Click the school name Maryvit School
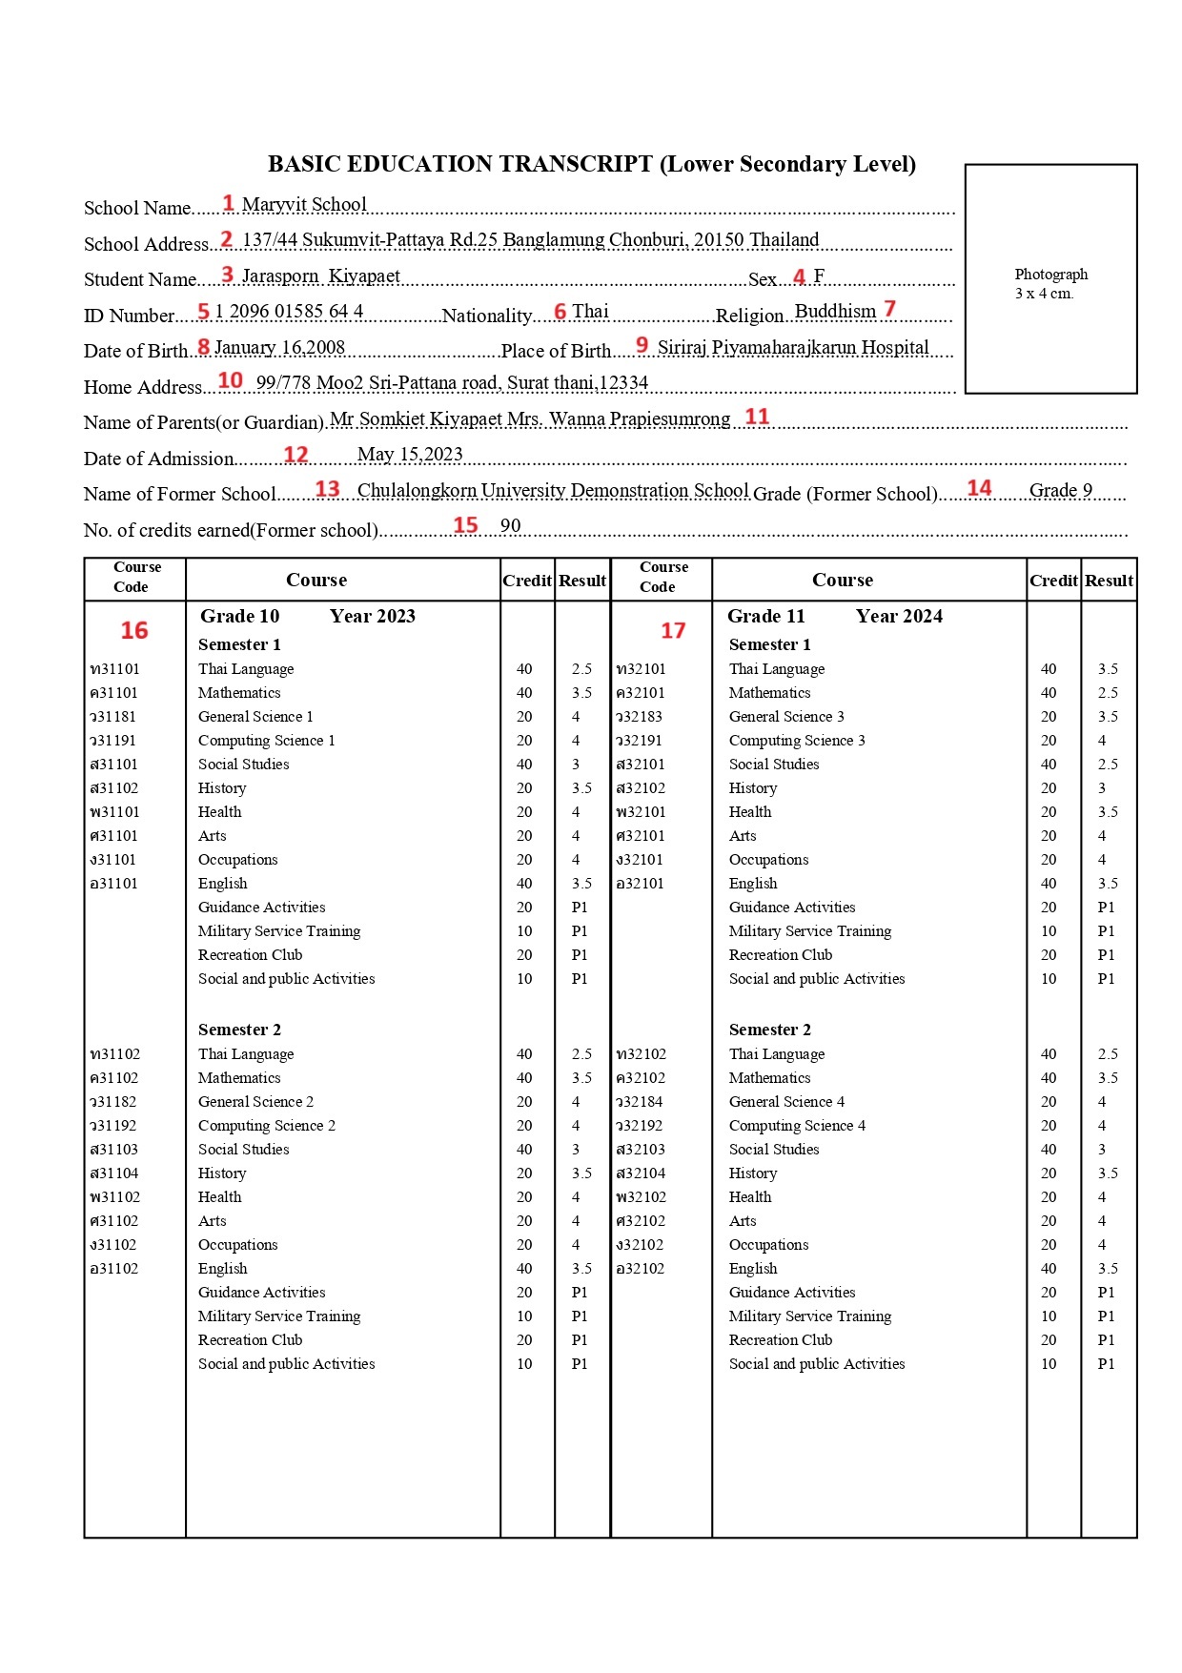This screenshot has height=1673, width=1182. coord(303,205)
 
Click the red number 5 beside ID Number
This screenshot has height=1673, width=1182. coord(203,312)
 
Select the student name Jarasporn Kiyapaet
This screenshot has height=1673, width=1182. coord(320,276)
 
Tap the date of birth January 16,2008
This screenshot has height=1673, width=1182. coord(279,348)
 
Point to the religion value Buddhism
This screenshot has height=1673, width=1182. coord(835,312)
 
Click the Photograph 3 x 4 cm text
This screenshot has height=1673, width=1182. coord(1050,283)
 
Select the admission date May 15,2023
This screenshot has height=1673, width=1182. coord(410,455)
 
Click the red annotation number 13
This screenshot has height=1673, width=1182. coord(327,489)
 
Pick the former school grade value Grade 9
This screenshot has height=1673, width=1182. coord(1060,491)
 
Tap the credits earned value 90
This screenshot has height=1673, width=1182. coord(511,526)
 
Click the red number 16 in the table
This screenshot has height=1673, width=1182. coord(134,630)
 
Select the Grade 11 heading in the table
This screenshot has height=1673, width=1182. coord(765,617)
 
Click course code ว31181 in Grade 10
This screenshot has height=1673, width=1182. coord(113,717)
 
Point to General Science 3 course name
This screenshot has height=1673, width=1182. coord(786,717)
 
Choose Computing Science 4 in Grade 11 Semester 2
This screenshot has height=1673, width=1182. coord(797,1126)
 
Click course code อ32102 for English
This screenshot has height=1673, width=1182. coord(641,1269)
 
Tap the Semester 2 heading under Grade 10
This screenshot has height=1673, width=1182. coord(239,1030)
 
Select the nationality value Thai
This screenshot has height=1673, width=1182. coord(590,312)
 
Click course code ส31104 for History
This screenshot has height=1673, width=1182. coord(113,1173)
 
